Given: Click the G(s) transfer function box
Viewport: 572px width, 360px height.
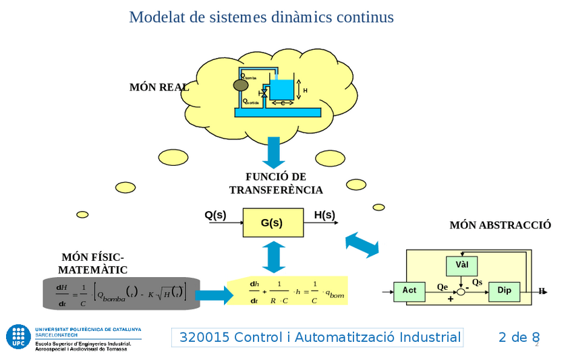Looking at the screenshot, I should tap(271, 222).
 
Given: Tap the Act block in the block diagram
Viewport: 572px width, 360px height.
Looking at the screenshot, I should tap(409, 290).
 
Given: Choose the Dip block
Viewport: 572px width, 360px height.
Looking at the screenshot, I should tap(505, 290).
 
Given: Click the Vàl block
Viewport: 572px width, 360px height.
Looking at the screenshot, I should tap(462, 264).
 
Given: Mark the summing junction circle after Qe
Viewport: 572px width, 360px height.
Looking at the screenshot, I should tap(462, 291).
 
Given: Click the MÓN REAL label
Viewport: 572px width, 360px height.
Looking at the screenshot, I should tap(159, 87).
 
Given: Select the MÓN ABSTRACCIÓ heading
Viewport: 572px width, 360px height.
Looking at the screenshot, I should tap(500, 225).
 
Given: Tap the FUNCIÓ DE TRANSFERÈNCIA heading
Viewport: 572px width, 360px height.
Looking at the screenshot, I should tap(276, 183).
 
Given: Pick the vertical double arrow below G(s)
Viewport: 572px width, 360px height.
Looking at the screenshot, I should tap(274, 256).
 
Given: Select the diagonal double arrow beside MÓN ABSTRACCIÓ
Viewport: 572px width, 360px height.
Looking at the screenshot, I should tap(362, 244).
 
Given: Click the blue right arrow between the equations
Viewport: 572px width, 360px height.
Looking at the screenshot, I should tap(213, 295).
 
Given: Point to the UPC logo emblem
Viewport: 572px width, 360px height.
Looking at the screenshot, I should tap(18, 336).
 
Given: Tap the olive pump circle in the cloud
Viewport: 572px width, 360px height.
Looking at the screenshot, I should tap(240, 86).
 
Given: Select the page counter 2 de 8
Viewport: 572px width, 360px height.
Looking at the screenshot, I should tap(519, 337).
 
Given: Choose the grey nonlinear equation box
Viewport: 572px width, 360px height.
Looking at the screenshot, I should tap(121, 293).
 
